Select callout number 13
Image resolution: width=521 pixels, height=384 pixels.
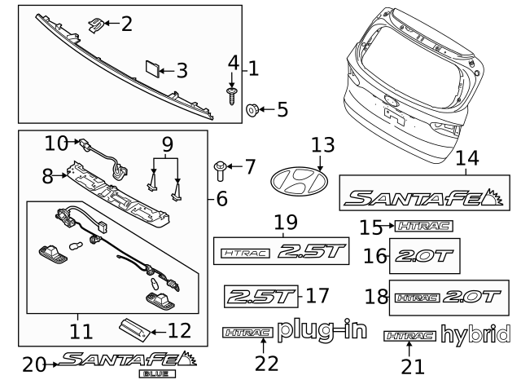322,144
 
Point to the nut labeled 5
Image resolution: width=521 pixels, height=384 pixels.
252,108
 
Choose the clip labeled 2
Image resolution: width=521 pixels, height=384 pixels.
96,24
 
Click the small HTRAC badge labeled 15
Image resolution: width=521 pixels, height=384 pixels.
423,226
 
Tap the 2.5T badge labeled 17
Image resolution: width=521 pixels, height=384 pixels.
259,294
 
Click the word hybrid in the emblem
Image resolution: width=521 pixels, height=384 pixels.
475,335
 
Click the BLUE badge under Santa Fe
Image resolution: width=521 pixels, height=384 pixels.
158,373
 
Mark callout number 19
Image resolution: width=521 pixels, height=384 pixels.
285,221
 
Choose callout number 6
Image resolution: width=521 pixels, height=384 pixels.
221,197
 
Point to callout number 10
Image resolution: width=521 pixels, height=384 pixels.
55,143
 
